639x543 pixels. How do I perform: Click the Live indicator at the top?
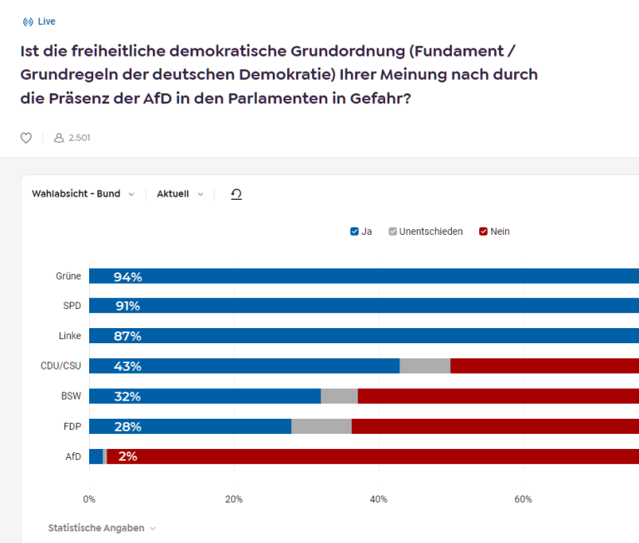39,22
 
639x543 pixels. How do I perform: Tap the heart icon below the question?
26,138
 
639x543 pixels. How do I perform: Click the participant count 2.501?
79,138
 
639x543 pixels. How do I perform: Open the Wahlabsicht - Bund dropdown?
83,194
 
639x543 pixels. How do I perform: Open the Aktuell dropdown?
180,194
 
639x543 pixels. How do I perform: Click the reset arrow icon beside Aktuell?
236,194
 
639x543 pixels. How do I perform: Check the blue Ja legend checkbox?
354,232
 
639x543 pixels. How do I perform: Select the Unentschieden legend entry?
426,232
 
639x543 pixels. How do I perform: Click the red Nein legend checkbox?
483,232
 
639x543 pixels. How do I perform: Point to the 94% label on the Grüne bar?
128,277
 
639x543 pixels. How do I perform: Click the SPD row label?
72,306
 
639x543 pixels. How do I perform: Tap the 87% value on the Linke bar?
127,336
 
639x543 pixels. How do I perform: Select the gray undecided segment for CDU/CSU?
425,366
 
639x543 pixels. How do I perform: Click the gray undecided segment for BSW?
339,396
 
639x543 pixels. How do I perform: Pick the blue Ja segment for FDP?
191,426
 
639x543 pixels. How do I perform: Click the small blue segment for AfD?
97,456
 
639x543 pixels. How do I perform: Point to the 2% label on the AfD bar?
127,456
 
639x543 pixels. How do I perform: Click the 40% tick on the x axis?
379,500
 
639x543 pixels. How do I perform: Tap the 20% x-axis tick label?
234,500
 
